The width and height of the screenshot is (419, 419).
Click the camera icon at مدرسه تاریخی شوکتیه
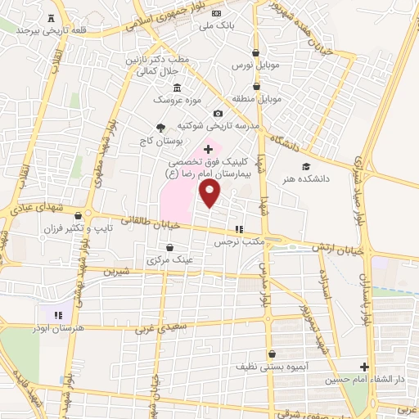click(218, 113)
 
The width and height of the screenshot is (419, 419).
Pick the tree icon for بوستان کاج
click(160, 127)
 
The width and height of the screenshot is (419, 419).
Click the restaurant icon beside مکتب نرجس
click(240, 230)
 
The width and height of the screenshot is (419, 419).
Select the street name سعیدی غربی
click(157, 327)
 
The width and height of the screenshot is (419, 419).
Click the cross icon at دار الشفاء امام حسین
click(366, 367)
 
